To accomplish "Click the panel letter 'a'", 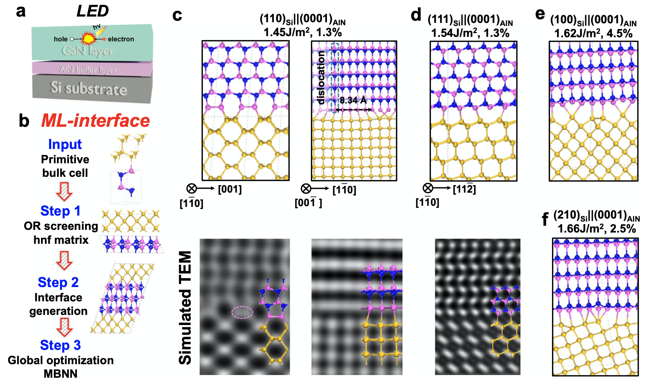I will pos(21,11).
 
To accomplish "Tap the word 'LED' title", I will pos(92,11).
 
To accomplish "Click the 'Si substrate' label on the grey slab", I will pos(88,88).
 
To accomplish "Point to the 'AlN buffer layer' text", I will pos(88,70).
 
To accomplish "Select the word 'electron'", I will pos(121,39).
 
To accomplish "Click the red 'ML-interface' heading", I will pos(95,121).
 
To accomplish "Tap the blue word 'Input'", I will pos(65,144).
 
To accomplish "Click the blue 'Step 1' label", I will pos(60,211).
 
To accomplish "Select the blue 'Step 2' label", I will pos(58,283).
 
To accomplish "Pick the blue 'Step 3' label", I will pos(60,345).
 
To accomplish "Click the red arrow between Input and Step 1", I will pos(64,191).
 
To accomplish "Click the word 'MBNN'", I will pos(60,374).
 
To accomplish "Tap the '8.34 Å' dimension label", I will pos(353,100).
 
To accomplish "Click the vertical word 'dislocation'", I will pos(321,78).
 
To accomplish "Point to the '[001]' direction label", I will pos(230,189).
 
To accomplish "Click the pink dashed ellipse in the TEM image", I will pos(242,312).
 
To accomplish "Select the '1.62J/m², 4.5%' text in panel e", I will pos(593,33).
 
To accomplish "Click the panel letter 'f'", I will pos(545,219).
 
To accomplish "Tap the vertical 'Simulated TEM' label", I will pos(185,307).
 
